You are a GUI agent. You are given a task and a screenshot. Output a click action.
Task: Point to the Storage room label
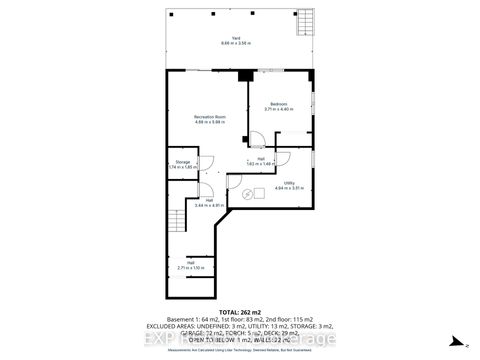pos(183,161)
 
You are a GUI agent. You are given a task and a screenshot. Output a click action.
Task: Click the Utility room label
pos(288,182)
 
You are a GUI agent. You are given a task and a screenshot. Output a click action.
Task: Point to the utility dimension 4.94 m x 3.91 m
pos(288,187)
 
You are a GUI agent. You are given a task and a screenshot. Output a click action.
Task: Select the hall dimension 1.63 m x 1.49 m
pos(260,162)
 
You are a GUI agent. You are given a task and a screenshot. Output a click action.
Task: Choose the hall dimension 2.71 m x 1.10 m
pos(190,268)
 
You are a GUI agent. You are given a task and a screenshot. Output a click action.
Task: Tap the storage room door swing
pos(207,164)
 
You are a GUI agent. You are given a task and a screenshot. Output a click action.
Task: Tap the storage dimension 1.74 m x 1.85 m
pos(183,167)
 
